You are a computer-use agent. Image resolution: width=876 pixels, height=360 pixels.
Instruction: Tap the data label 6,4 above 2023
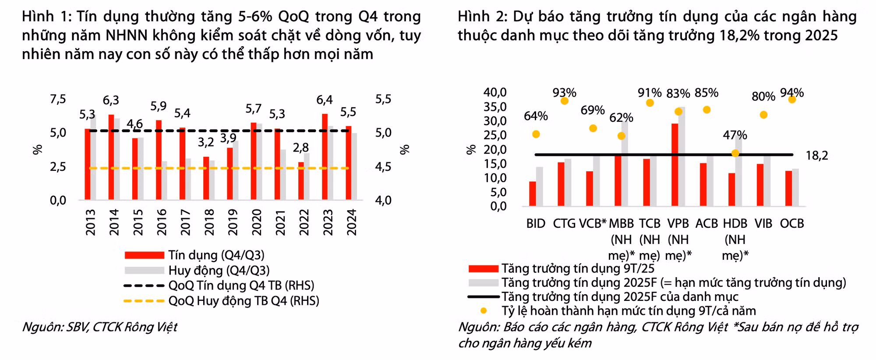pos(325,100)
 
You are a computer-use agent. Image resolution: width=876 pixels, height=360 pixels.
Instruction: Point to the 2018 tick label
pos(209,222)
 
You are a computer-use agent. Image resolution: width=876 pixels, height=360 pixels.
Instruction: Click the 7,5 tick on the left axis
pos(58,99)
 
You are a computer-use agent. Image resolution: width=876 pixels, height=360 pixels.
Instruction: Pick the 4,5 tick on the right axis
pos(383,167)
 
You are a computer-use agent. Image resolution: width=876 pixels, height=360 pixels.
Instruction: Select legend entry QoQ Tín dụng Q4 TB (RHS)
pos(241,286)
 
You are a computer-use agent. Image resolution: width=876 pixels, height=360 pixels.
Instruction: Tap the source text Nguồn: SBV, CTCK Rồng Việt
pos(99,327)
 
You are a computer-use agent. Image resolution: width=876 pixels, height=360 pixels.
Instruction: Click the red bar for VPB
pos(675,165)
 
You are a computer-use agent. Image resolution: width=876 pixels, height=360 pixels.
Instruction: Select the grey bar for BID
pos(540,186)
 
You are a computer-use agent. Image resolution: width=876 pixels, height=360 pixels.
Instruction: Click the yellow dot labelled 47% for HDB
pos(735,153)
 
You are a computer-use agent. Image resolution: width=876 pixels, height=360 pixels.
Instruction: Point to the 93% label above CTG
pos(564,93)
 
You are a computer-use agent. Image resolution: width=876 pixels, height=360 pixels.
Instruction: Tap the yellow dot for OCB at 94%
pos(792,99)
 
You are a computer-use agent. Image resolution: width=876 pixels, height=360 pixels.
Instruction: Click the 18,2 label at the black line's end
pos(817,155)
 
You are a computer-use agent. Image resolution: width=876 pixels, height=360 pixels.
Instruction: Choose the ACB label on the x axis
pos(706,223)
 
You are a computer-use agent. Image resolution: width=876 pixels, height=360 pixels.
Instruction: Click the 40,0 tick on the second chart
pos(495,92)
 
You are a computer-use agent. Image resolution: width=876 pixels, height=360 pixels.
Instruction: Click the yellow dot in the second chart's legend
pos(484,311)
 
